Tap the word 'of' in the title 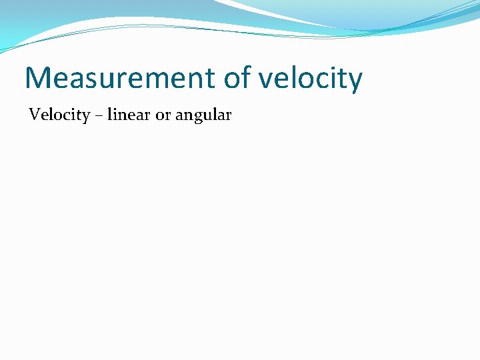pos(236,78)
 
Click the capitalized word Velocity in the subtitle pos(59,115)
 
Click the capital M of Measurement pos(38,78)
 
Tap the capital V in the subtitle pos(34,115)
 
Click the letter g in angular pos(195,118)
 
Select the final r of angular pos(227,117)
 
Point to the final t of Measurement pos(211,79)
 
